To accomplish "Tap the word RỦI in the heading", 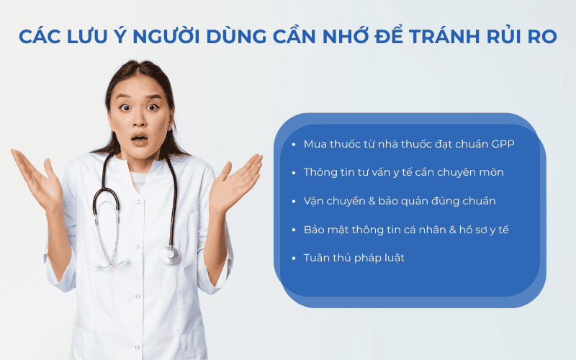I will click(x=512, y=37).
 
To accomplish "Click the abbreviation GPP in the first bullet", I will click(x=503, y=144).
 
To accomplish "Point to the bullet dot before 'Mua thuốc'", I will click(x=294, y=144).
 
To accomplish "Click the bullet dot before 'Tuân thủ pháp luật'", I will click(x=294, y=258).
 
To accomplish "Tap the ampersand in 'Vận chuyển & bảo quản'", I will click(x=379, y=201).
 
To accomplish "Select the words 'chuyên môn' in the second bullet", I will click(x=474, y=173).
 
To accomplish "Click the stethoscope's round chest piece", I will click(x=170, y=254).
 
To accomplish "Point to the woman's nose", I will click(x=139, y=121).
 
